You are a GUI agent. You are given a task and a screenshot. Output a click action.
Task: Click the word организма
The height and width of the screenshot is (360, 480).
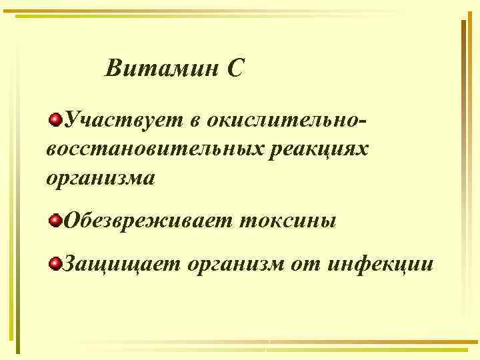pos(101,179)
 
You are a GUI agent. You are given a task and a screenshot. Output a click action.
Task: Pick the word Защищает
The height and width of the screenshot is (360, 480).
pos(120,265)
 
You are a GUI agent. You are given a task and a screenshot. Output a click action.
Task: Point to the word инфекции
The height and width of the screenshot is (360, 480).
pos(381,265)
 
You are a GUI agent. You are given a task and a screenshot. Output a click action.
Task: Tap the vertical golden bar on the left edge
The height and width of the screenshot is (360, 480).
pos(18,187)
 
